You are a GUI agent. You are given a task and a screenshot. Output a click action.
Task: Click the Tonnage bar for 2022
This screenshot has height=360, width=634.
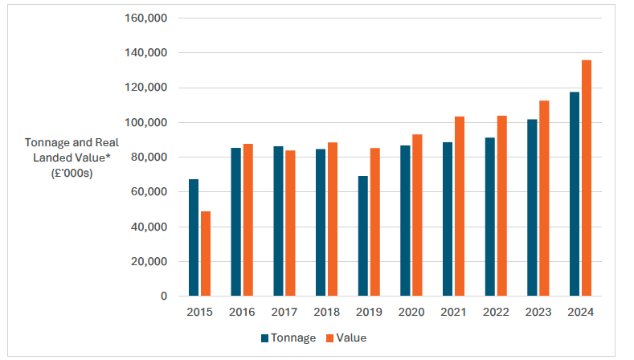click(489, 216)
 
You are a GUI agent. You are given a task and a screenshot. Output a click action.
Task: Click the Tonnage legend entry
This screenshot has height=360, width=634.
click(288, 338)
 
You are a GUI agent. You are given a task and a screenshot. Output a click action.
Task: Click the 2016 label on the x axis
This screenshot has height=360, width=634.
click(242, 313)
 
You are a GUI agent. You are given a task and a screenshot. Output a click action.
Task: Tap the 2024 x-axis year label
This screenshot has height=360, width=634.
click(580, 313)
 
